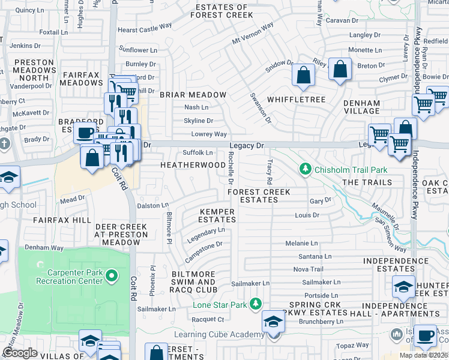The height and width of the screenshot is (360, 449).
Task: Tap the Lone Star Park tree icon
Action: (x=256, y=305)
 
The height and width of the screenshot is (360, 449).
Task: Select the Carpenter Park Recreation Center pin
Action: (x=111, y=276)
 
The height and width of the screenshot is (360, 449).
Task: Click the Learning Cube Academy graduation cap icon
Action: (x=273, y=322)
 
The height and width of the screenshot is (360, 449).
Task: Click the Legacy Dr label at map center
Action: (x=247, y=146)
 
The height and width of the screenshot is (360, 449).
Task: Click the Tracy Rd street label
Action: (x=270, y=172)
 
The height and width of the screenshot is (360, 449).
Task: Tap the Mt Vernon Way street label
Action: (x=253, y=41)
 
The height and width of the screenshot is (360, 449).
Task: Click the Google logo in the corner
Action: (x=20, y=353)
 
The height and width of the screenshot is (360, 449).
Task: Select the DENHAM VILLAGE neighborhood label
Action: (x=361, y=107)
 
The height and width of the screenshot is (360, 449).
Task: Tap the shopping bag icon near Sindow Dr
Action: (x=304, y=75)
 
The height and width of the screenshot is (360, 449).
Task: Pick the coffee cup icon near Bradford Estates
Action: (x=85, y=133)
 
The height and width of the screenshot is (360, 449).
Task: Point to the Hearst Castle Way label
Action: (x=145, y=28)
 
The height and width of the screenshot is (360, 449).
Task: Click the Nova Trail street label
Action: (x=308, y=269)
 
